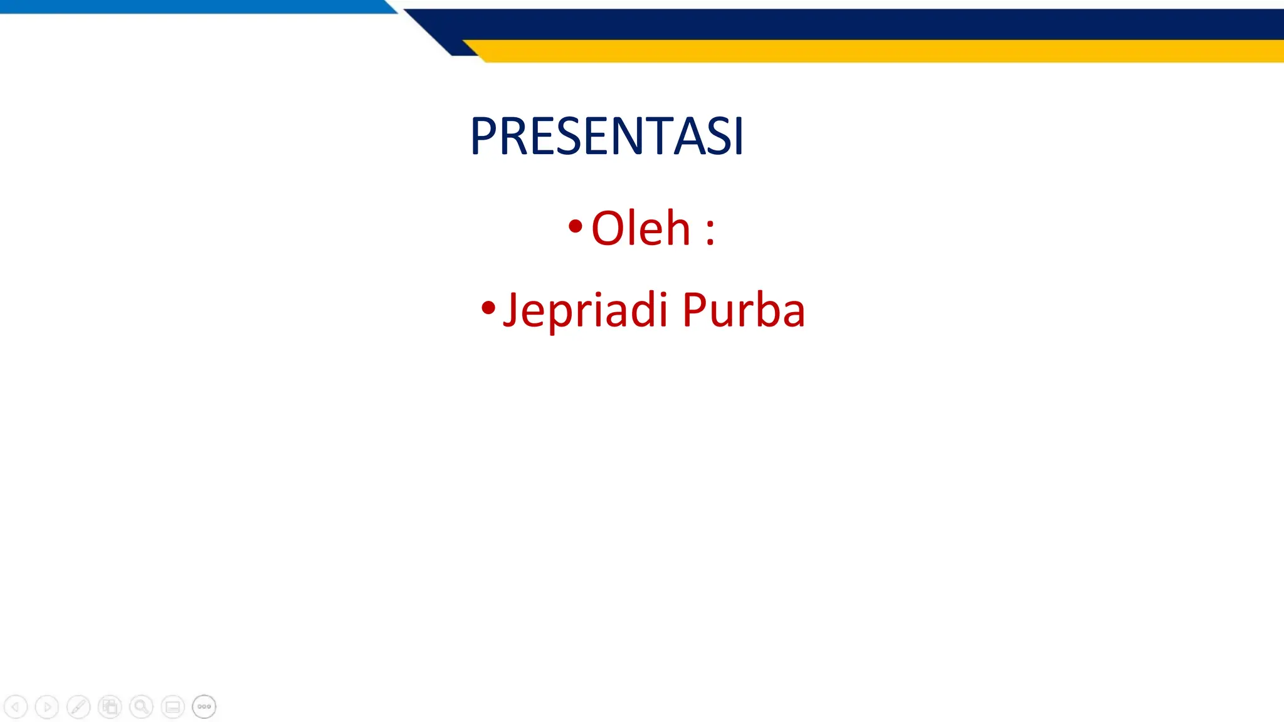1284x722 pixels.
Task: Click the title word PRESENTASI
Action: pyautogui.click(x=606, y=136)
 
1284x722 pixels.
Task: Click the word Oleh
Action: pyautogui.click(x=640, y=228)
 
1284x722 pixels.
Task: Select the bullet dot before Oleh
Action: pyautogui.click(x=575, y=226)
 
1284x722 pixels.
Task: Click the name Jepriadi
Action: pyautogui.click(x=584, y=310)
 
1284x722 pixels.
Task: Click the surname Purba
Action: pyautogui.click(x=743, y=310)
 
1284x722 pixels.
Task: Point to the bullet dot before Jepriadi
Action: pyautogui.click(x=488, y=308)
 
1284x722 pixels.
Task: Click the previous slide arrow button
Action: pyautogui.click(x=16, y=707)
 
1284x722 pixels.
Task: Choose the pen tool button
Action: pyautogui.click(x=78, y=707)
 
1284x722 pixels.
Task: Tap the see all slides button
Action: pyautogui.click(x=110, y=707)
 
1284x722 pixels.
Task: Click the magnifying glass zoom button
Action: pyautogui.click(x=141, y=707)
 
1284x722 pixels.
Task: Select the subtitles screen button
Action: pyautogui.click(x=172, y=707)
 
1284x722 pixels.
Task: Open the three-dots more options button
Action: pyautogui.click(x=204, y=707)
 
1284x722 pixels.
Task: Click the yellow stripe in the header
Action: pyautogui.click(x=878, y=51)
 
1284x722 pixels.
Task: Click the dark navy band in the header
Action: pyautogui.click(x=878, y=24)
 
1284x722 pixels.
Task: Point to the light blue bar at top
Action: pyautogui.click(x=188, y=6)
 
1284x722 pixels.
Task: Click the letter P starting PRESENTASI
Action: pyautogui.click(x=483, y=136)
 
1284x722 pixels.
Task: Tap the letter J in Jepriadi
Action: pyautogui.click(x=511, y=310)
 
